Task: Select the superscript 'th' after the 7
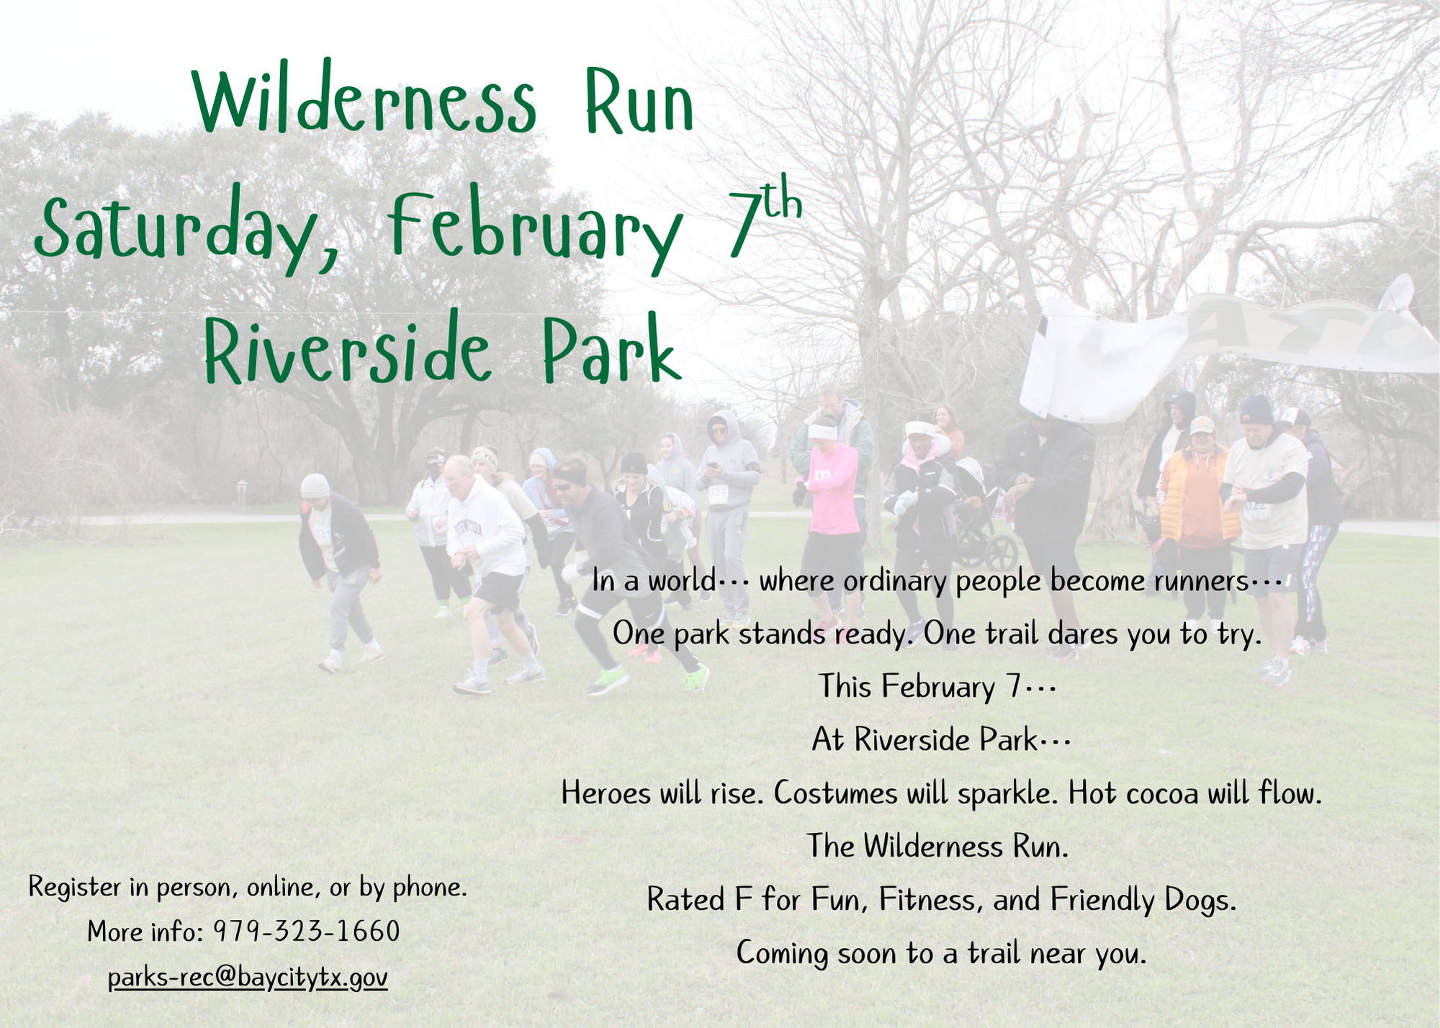782,203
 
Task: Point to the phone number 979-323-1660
306,932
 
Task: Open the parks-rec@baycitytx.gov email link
248,978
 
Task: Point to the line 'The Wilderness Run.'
937,847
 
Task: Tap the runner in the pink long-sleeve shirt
833,504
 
